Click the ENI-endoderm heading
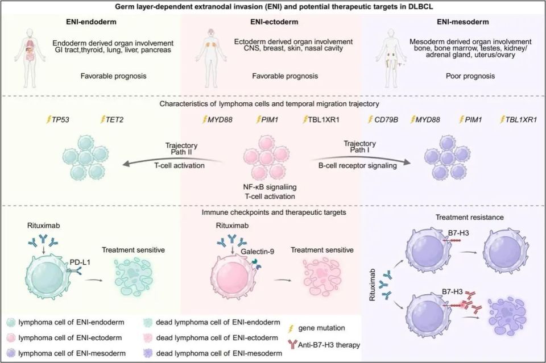(x=91, y=22)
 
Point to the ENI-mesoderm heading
(x=463, y=22)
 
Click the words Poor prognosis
(x=470, y=76)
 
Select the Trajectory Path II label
(x=181, y=148)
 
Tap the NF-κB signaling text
(x=270, y=187)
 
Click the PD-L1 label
(x=80, y=262)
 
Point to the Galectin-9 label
(x=257, y=251)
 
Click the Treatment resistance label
(x=469, y=218)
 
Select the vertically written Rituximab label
(x=372, y=285)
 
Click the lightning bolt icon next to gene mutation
(x=291, y=328)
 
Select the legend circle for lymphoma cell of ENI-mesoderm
(x=12, y=353)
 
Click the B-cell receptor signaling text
(x=357, y=165)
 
